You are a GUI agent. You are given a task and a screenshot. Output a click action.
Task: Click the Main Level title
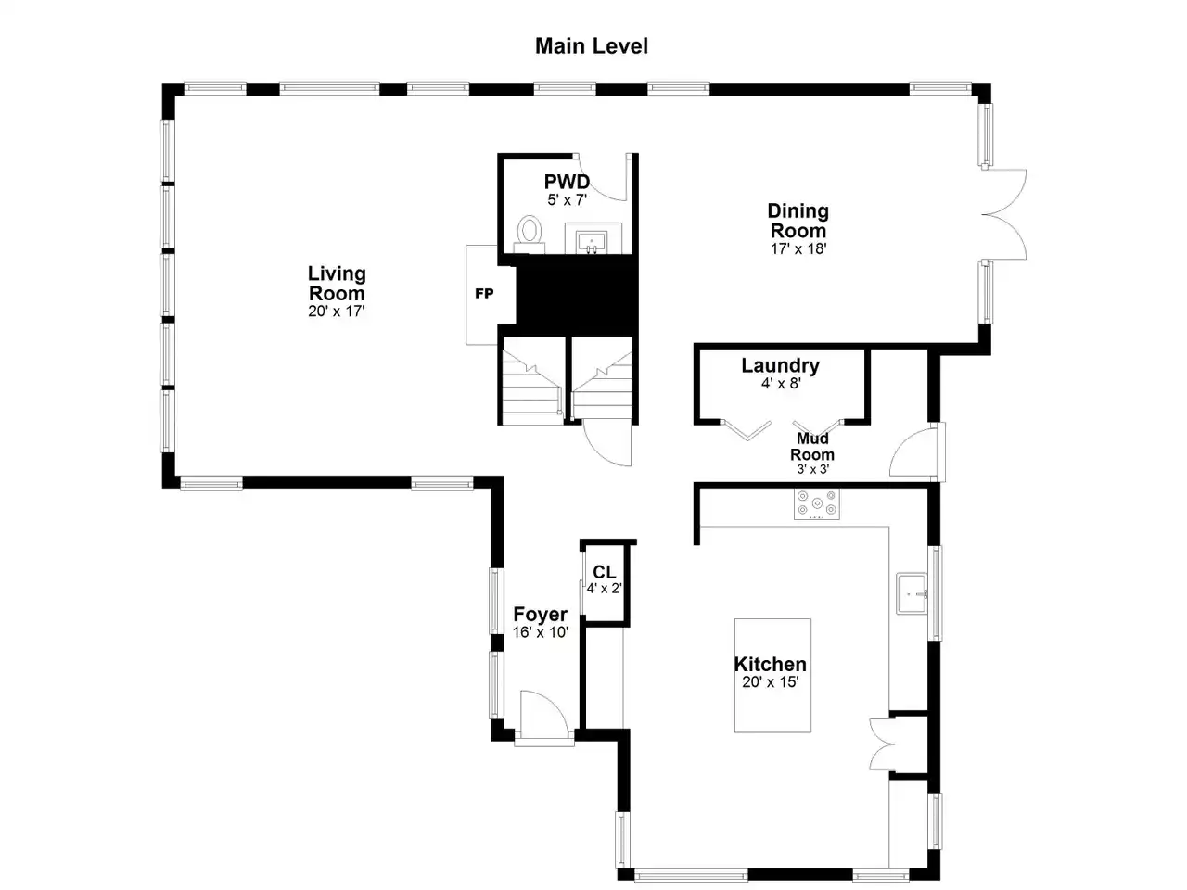tap(591, 46)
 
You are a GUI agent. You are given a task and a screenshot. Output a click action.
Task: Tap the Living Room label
tap(337, 283)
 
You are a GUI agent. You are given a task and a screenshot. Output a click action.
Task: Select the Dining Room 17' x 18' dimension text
tap(798, 248)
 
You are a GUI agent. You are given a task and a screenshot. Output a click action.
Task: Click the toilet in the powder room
tap(530, 234)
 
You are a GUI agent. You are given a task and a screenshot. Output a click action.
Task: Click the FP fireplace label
tap(484, 294)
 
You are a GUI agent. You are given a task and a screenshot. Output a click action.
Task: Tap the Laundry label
tap(780, 365)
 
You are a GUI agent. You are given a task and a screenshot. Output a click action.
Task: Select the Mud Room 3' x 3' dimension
tap(812, 469)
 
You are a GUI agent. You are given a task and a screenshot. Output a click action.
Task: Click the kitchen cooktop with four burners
tap(817, 503)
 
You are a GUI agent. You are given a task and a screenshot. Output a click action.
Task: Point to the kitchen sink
tap(912, 594)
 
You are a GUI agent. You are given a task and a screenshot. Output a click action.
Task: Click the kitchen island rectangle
tap(772, 676)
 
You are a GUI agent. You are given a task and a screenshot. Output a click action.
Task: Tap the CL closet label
tap(604, 572)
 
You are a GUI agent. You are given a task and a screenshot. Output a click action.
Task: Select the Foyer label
tap(540, 615)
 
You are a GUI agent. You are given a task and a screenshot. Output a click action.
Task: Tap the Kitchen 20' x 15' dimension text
tap(770, 682)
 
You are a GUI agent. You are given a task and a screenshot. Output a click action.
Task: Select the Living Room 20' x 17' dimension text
tap(337, 311)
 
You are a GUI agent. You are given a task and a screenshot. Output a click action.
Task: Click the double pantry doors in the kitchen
tap(882, 744)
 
